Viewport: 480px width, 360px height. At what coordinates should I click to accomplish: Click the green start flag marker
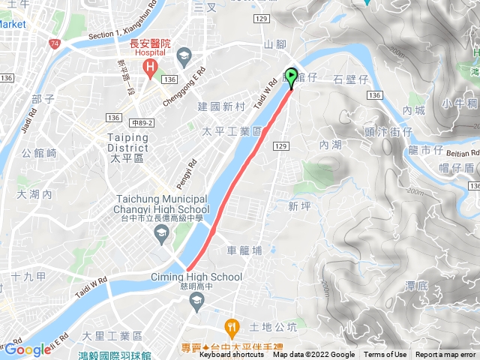[291, 76]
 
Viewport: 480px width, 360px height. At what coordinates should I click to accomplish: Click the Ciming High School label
[200, 277]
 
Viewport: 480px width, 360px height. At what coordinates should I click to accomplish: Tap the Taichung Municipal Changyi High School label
[162, 204]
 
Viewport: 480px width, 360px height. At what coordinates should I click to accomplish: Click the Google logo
[28, 349]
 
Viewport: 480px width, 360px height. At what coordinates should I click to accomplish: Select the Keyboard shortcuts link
[231, 355]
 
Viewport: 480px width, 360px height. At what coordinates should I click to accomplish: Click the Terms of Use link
[385, 355]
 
